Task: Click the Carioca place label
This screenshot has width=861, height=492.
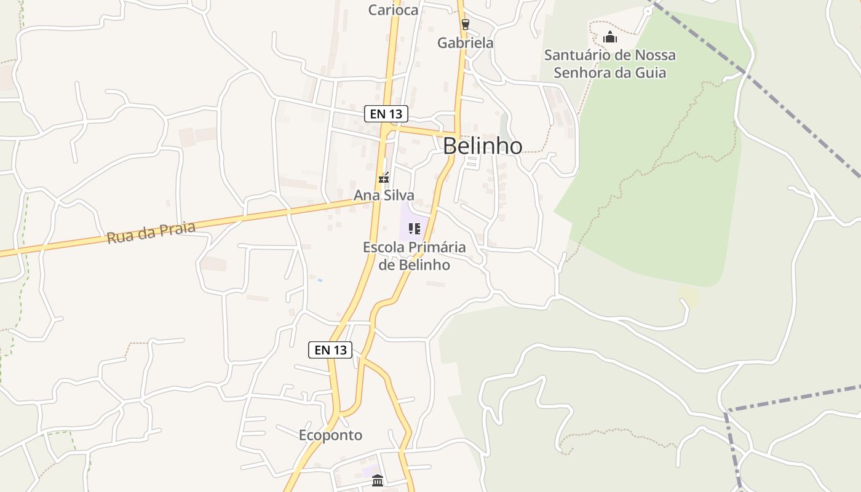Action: pyautogui.click(x=393, y=10)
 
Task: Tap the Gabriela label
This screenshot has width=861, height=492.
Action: pyautogui.click(x=466, y=43)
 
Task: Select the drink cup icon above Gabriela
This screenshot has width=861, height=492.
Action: pyautogui.click(x=466, y=25)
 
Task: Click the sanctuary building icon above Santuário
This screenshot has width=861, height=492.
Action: pyautogui.click(x=609, y=37)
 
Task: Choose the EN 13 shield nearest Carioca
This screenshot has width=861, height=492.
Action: pyautogui.click(x=386, y=114)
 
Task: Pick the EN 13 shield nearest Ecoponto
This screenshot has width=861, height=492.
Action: pyautogui.click(x=330, y=350)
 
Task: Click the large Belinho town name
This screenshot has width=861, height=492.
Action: pyautogui.click(x=483, y=146)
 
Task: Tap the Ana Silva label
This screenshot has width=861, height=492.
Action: pyautogui.click(x=384, y=196)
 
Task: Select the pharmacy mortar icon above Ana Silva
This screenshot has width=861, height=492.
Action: pyautogui.click(x=384, y=178)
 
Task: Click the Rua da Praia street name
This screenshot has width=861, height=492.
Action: pyautogui.click(x=151, y=233)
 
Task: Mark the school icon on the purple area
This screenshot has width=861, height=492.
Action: pyautogui.click(x=415, y=229)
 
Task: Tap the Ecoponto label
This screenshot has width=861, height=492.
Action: pyautogui.click(x=330, y=435)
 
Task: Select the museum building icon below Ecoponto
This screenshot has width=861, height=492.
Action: pyautogui.click(x=378, y=480)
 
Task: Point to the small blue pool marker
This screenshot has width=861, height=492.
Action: pyautogui.click(x=320, y=280)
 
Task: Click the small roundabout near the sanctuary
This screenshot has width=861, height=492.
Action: pyautogui.click(x=648, y=11)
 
